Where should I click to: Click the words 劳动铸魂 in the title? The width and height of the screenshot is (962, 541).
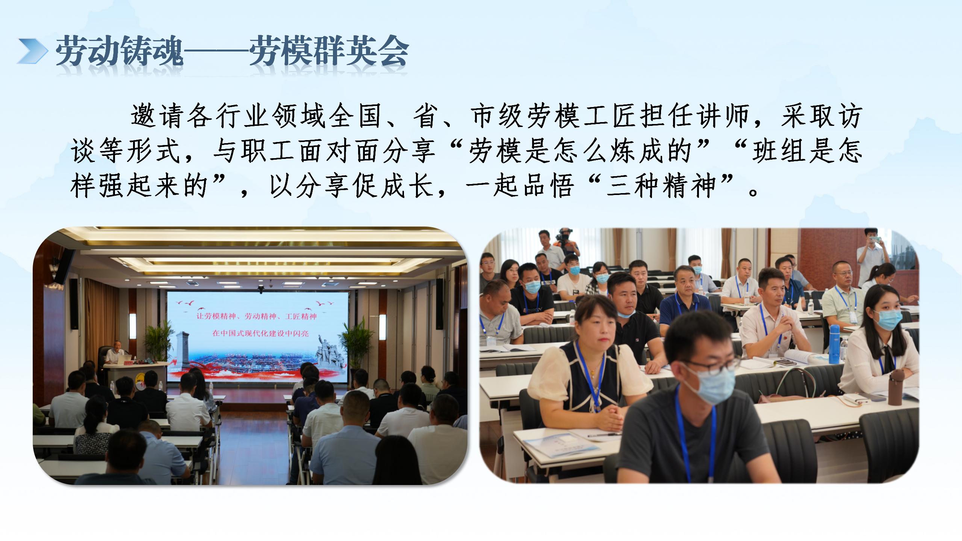pos(119,51)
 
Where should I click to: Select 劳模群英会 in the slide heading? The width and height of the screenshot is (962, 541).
pos(329,51)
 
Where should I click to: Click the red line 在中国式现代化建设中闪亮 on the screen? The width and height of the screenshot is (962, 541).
pos(260,333)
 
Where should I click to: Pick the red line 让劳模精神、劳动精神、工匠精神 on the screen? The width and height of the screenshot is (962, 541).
pos(257,316)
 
